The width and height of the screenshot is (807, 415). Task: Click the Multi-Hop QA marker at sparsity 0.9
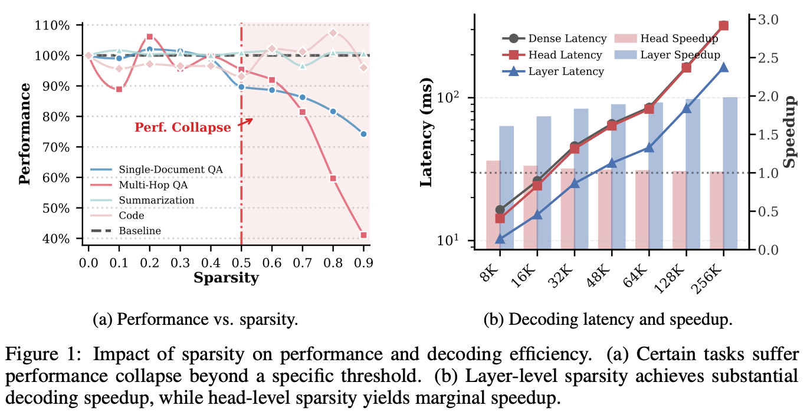(x=363, y=235)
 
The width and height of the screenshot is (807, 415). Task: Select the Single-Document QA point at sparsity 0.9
(x=363, y=134)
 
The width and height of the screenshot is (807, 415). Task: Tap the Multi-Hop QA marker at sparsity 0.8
(x=333, y=178)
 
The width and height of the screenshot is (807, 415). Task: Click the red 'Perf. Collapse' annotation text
(x=183, y=127)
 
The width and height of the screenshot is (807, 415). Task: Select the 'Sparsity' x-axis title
(x=226, y=278)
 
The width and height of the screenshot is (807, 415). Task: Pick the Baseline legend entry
(x=139, y=230)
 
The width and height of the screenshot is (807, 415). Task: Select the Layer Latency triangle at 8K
(x=500, y=239)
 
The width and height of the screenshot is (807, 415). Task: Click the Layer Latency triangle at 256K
(x=724, y=67)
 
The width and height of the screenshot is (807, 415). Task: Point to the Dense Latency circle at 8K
(x=500, y=210)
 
